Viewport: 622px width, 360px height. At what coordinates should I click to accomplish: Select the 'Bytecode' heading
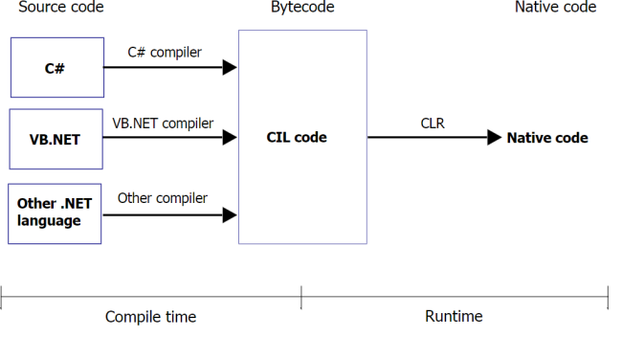click(302, 8)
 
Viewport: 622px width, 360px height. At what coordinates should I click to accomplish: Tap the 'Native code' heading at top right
click(555, 8)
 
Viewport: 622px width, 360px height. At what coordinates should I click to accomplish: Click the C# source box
click(56, 68)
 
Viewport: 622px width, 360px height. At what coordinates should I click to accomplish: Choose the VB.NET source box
click(56, 138)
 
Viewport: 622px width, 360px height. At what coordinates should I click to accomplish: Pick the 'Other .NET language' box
click(56, 213)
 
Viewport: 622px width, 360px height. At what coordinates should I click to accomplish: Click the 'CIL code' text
click(297, 138)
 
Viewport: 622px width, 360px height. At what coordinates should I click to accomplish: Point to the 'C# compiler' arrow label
click(165, 52)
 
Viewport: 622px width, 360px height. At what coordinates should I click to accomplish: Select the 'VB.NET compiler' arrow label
click(163, 123)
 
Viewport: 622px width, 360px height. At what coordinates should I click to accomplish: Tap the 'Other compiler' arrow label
click(163, 197)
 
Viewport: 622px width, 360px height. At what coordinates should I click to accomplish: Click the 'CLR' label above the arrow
click(433, 123)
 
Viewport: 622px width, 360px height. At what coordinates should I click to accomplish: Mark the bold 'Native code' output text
click(547, 138)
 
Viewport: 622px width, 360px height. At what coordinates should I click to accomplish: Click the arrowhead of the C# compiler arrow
click(230, 68)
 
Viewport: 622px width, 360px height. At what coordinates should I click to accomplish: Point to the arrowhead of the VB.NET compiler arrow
click(230, 138)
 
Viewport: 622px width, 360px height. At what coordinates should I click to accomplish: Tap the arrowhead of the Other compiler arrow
click(230, 215)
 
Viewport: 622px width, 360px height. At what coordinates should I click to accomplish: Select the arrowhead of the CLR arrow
click(494, 138)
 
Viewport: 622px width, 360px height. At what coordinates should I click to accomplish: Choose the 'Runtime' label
click(454, 316)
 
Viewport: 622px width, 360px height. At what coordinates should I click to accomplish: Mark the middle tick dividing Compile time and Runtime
click(301, 298)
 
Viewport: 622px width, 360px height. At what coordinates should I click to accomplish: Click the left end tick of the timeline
click(2, 298)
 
